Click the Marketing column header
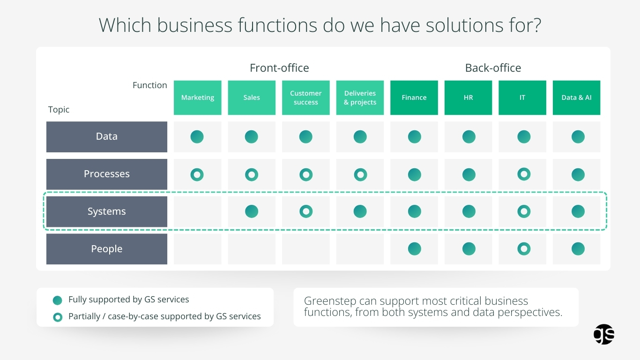click(x=197, y=97)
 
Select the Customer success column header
click(x=305, y=97)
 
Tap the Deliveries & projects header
click(x=360, y=97)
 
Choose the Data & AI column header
click(x=576, y=97)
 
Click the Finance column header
click(x=414, y=97)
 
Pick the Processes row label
click(x=107, y=174)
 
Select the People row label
click(x=107, y=249)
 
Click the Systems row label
click(x=107, y=211)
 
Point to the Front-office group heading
click(x=279, y=68)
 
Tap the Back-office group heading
click(x=493, y=68)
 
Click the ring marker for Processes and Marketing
click(x=197, y=175)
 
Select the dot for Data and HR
click(x=469, y=137)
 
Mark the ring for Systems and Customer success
click(x=306, y=211)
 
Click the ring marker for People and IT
click(x=524, y=249)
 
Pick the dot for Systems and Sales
click(x=252, y=211)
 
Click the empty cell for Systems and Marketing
click(x=197, y=211)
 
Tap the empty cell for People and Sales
click(x=252, y=249)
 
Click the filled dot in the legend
click(x=58, y=300)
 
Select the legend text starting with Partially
click(x=164, y=316)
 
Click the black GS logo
click(x=604, y=334)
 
